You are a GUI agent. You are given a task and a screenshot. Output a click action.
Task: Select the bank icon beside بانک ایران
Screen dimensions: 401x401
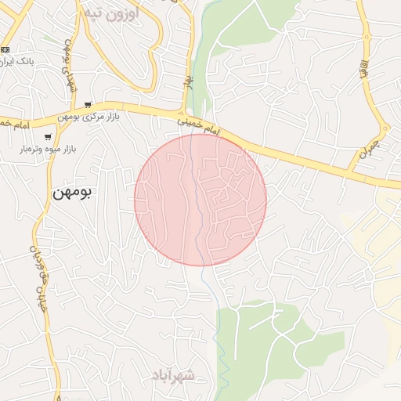(x=5, y=49)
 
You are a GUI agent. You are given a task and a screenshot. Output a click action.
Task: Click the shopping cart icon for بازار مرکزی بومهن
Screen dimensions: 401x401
(x=88, y=106)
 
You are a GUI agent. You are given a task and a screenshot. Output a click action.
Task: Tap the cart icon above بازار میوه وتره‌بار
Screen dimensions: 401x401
(x=48, y=138)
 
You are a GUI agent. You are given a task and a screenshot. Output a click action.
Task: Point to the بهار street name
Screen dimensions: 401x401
(x=188, y=81)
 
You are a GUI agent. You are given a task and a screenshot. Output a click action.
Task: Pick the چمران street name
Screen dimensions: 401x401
(x=368, y=150)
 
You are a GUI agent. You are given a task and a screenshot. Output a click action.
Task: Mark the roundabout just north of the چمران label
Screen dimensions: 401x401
(x=384, y=128)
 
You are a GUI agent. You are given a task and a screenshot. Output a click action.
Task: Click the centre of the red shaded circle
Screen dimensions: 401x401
(x=200, y=200)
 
